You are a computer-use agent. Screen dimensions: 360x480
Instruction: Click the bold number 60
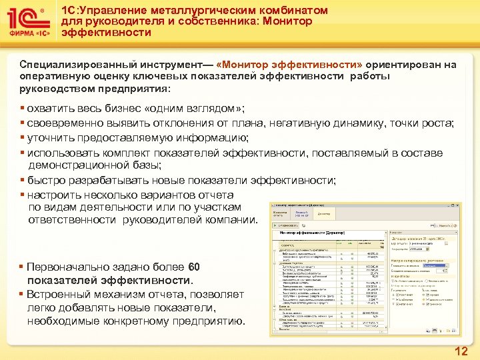tap(194, 267)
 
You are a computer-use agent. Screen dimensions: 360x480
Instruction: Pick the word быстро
tap(46, 181)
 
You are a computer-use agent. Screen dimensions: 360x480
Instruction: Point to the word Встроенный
tap(58, 295)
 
